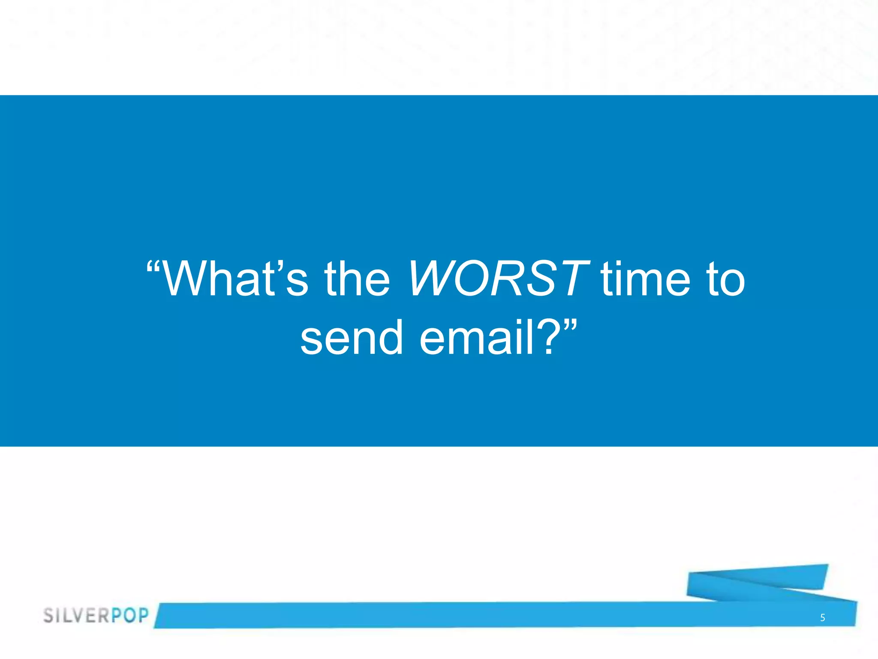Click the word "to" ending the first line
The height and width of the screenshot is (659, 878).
click(725, 280)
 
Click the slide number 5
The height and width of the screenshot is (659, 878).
click(822, 618)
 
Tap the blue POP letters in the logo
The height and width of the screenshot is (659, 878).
click(130, 615)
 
